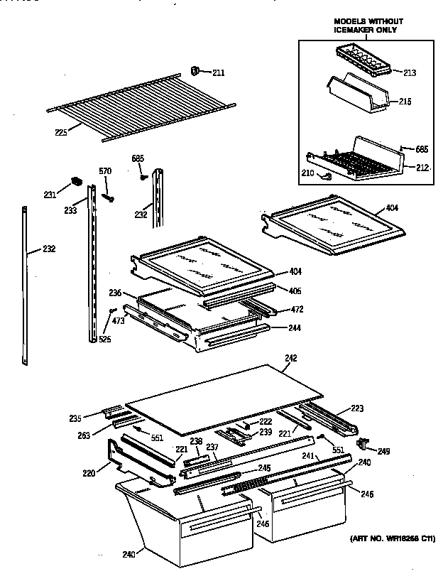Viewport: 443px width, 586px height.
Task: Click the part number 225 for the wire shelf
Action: tap(60, 131)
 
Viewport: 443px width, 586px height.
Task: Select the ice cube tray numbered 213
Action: tap(362, 58)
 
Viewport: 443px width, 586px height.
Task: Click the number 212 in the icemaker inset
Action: tap(422, 168)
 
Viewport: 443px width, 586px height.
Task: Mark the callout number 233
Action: tap(71, 210)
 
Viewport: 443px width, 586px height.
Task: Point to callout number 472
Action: tap(296, 310)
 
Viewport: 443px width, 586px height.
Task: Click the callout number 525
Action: tap(105, 339)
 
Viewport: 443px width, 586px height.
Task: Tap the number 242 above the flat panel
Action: tap(290, 357)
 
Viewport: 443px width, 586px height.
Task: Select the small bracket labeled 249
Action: tap(364, 445)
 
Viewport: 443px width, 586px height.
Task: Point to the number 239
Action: tap(264, 431)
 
